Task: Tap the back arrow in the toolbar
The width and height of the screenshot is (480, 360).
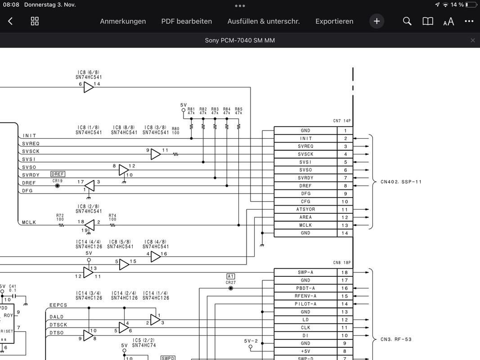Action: coord(10,21)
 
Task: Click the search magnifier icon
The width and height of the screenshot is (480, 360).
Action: coord(407,21)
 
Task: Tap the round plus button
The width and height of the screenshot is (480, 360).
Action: coord(377,21)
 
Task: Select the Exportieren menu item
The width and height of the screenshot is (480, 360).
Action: coord(334,21)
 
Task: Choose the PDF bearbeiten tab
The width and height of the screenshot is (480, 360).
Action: coord(186,21)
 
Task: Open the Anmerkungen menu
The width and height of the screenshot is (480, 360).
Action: coord(123,21)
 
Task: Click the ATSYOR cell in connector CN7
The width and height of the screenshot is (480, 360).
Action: coord(305,209)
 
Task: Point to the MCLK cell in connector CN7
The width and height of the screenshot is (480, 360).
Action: coord(305,225)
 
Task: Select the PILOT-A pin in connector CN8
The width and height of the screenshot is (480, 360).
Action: coord(305,304)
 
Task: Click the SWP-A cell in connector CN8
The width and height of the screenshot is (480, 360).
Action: coord(305,272)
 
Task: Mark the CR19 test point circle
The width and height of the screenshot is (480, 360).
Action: coord(57,185)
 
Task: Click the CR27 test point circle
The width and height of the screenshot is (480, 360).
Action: coord(231,288)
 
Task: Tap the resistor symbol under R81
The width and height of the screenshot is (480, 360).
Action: coord(191,126)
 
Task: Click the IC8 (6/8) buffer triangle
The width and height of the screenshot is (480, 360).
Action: coord(89,87)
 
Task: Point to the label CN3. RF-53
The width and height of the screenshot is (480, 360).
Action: coord(396,339)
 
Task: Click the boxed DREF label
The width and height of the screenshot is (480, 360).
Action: coord(58,174)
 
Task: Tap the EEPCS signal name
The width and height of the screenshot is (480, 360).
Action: coord(58,305)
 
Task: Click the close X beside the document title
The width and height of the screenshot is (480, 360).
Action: coord(472,40)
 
